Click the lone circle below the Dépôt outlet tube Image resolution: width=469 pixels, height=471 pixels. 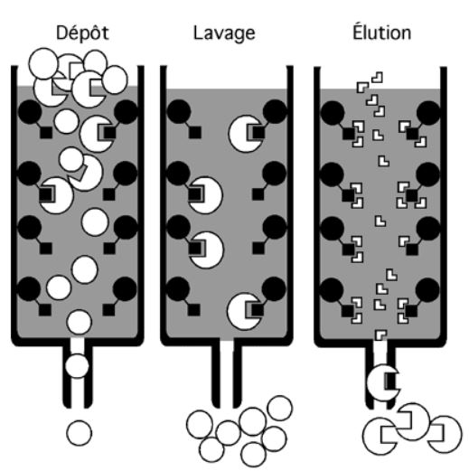click(80, 432)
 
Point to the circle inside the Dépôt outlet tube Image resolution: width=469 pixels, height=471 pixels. click(78, 366)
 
